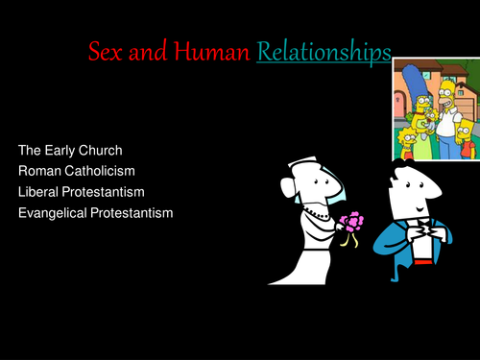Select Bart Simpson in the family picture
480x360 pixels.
click(x=465, y=129)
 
